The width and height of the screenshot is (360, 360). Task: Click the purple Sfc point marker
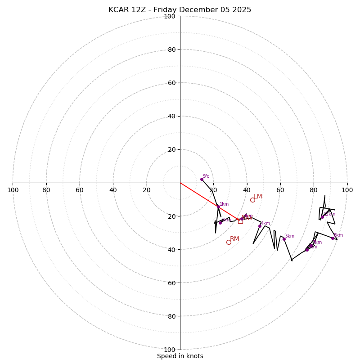[x=202, y=179]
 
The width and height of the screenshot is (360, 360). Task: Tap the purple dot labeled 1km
[x=218, y=207]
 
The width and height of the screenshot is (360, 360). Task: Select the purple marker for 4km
[x=260, y=226]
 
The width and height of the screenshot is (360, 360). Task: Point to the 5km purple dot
[x=284, y=239]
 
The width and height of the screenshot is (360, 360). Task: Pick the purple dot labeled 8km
[x=333, y=238]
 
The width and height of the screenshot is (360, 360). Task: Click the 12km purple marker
[x=322, y=217]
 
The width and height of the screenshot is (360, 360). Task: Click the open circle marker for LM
[x=252, y=200]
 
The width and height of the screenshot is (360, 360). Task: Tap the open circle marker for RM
[x=229, y=242]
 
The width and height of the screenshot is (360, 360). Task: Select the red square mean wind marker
[x=240, y=221]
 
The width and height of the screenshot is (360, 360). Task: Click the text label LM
[x=258, y=197]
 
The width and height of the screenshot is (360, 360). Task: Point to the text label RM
[x=234, y=239]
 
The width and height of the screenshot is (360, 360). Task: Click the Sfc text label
[x=206, y=176]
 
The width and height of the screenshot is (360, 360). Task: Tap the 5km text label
[x=289, y=236]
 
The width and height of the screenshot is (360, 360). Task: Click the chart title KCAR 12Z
[x=180, y=10]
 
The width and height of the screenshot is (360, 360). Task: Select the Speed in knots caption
[x=180, y=356]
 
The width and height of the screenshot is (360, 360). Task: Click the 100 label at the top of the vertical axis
[x=170, y=17]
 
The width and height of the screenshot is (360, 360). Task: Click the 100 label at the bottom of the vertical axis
[x=170, y=350]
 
